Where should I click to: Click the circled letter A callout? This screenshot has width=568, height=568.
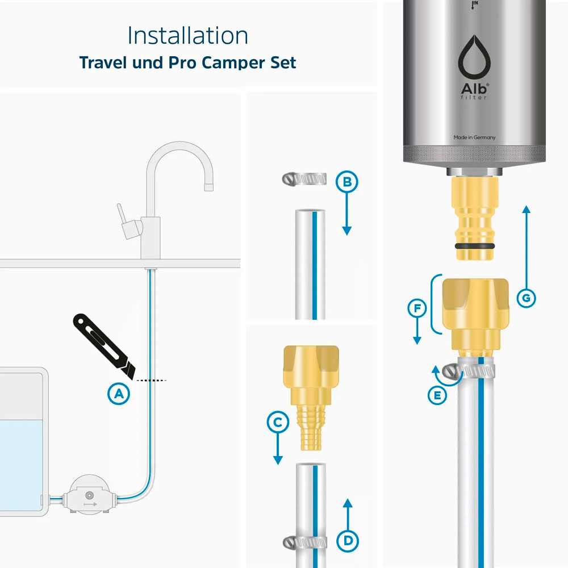[x=119, y=394]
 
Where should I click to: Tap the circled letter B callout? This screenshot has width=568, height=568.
[x=346, y=182]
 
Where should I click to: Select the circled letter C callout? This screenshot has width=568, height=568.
[x=278, y=423]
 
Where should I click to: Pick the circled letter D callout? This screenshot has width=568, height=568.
[x=348, y=541]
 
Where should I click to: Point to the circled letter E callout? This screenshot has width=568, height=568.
[x=437, y=395]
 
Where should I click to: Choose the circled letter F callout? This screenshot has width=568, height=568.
[x=417, y=308]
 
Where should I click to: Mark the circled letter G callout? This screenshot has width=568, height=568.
[x=526, y=298]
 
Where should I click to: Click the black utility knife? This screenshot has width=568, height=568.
[x=104, y=346]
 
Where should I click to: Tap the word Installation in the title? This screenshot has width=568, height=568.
[x=187, y=35]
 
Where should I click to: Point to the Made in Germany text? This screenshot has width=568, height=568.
[x=474, y=137]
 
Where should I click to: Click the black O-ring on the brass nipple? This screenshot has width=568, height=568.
[x=474, y=247]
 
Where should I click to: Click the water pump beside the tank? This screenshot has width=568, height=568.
[x=89, y=494]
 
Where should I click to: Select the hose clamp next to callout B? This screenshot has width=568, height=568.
[x=304, y=178]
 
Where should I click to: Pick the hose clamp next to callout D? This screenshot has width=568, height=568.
[x=304, y=542]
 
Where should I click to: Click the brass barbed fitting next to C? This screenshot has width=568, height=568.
[x=311, y=398]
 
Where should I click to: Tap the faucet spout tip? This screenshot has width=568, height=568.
[x=208, y=187]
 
